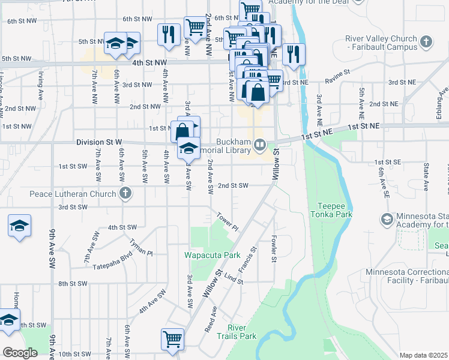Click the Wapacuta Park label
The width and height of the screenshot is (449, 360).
tap(212, 255)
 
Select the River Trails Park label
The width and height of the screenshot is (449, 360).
tap(241, 332)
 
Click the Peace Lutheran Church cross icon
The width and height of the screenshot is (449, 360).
tap(125, 193)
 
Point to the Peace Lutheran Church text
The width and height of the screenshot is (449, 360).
tap(74, 194)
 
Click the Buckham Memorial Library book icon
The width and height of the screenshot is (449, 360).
tap(260, 144)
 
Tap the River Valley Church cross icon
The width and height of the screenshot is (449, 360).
tap(426, 42)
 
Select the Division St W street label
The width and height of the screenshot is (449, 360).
tap(99, 142)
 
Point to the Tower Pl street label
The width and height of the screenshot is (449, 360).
tap(228, 222)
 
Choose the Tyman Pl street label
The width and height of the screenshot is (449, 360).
tap(140, 245)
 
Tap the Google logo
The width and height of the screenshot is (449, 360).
tap(20, 353)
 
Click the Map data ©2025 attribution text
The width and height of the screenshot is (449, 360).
tap(424, 356)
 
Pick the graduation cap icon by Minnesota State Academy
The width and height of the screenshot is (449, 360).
tap(387, 220)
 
